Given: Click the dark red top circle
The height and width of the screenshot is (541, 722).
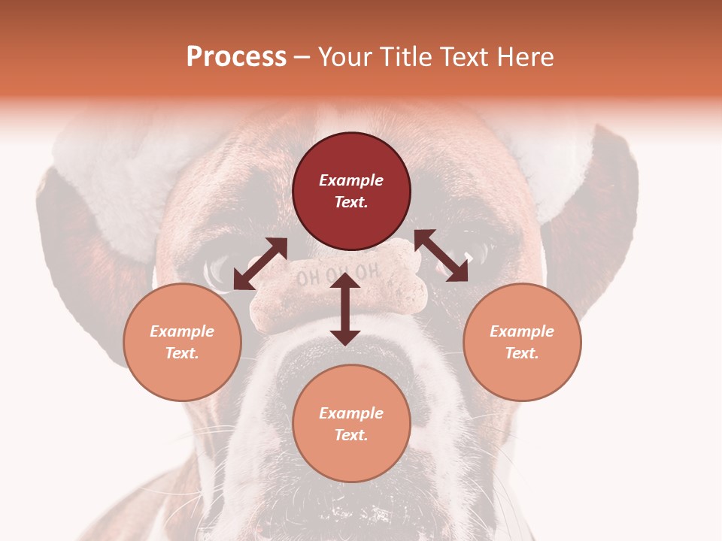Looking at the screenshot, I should coord(351,191).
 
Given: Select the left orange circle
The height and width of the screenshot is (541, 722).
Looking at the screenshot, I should coord(182,342).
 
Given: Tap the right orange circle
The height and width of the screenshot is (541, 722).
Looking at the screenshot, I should coord(522,342).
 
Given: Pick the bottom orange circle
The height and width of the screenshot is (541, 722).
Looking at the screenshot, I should coord(351,424).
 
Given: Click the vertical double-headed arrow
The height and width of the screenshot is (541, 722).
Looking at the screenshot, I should coord(345,309).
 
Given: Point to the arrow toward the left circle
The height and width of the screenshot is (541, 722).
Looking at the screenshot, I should coord(260,264).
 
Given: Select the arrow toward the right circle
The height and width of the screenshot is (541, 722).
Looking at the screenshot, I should coord(441,255).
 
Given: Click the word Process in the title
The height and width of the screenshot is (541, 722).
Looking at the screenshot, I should coord(236,57).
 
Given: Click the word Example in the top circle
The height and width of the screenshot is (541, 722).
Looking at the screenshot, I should coord(351,180).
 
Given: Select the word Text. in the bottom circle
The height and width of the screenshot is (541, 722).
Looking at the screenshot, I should coord(351,435).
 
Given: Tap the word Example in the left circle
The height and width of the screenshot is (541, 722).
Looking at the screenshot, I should coord(182,331).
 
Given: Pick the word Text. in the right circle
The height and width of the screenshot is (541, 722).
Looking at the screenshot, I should coord(522,353).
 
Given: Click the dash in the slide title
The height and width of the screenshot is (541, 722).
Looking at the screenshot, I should coord(302,57).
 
